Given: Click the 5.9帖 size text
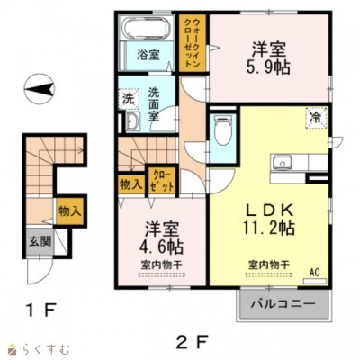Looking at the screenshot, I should click(x=267, y=66).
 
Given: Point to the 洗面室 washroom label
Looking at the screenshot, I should click(x=160, y=96).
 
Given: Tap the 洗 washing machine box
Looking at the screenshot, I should click(x=129, y=96).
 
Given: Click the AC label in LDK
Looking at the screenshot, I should click(x=315, y=270).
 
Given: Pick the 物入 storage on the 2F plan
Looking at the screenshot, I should click(x=130, y=185).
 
